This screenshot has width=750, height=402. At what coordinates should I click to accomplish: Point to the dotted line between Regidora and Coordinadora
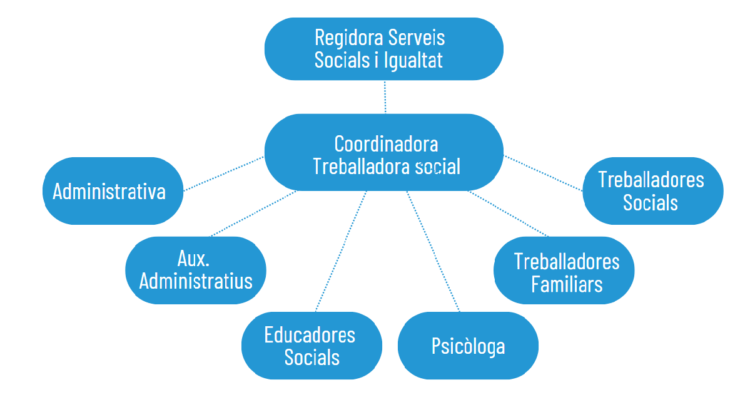point(385,96)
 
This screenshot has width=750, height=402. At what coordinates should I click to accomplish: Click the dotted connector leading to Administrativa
point(223,173)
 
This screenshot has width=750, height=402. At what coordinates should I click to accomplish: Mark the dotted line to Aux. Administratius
point(253,214)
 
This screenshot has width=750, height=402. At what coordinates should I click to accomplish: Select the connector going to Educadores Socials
point(341,251)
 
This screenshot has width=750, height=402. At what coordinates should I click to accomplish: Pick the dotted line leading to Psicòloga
point(433,251)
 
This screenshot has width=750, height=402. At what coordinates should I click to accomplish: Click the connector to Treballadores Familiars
point(508,214)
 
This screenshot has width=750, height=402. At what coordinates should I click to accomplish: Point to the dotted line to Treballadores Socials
point(543,173)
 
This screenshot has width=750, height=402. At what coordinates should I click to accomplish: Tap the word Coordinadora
point(386,144)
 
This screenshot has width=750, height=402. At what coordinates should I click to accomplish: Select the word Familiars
point(567,284)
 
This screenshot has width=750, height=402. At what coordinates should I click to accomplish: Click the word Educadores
point(310,335)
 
